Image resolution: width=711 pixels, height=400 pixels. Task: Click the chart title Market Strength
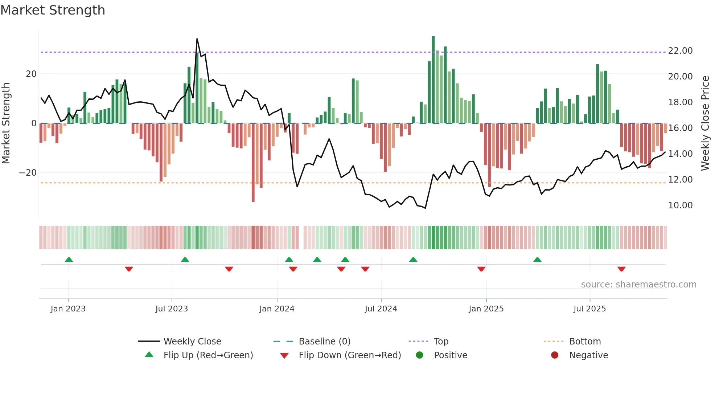pyautogui.click(x=53, y=10)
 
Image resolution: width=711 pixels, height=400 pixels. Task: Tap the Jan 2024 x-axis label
pyautogui.click(x=277, y=309)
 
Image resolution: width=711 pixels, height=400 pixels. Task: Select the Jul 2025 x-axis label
pyautogui.click(x=589, y=309)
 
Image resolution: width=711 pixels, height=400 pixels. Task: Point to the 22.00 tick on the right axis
pyautogui.click(x=680, y=51)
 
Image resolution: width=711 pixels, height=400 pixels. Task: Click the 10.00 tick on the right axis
pyautogui.click(x=680, y=205)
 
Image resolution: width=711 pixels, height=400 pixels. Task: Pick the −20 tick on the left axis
pyautogui.click(x=28, y=173)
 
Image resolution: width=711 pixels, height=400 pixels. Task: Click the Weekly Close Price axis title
pyautogui.click(x=705, y=123)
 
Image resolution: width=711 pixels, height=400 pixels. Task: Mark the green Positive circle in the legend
pyautogui.click(x=420, y=355)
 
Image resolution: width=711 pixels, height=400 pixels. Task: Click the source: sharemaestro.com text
pyautogui.click(x=638, y=285)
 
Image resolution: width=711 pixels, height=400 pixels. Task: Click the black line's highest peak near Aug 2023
pyautogui.click(x=197, y=39)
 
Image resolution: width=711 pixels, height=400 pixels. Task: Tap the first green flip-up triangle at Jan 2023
pyautogui.click(x=69, y=260)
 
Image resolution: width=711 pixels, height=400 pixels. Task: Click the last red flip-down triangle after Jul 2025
pyautogui.click(x=621, y=269)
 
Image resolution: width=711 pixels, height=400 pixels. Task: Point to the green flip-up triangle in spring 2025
pyautogui.click(x=537, y=260)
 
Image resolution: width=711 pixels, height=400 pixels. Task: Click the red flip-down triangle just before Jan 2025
pyautogui.click(x=481, y=269)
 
